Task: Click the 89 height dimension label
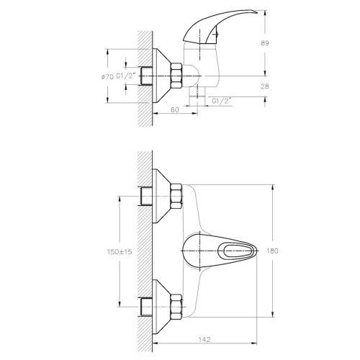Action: pos(265,43)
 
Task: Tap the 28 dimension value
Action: pos(265,86)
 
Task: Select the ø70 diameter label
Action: pos(107,77)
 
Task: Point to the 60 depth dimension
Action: pos(175,109)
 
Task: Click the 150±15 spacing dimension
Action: pos(120,252)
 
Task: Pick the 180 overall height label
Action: pos(272,251)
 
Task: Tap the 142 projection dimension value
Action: pos(204,339)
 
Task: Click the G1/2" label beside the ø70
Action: pos(126,76)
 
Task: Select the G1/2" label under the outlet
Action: pos(222,101)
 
